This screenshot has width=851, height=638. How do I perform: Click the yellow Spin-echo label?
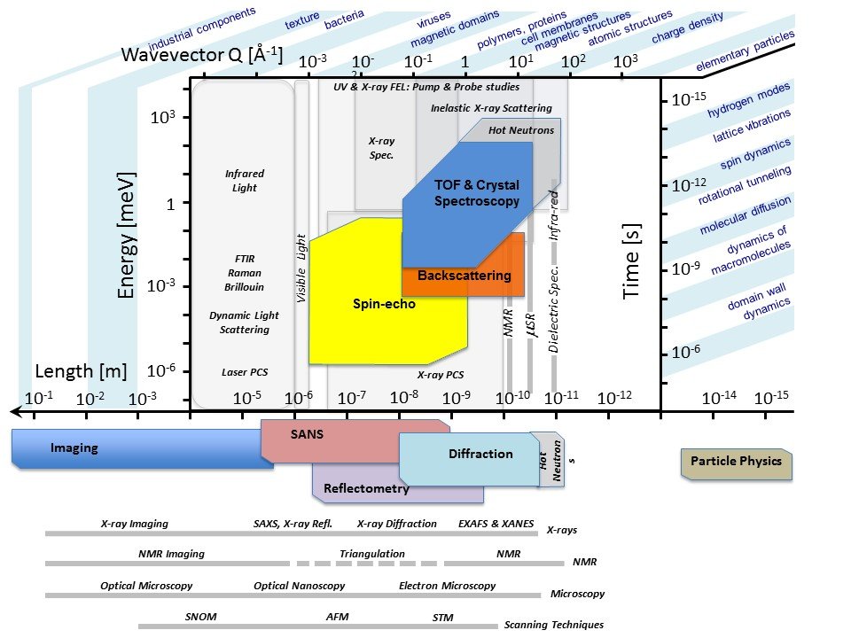pos(384,304)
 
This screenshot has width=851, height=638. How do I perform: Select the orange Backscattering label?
pos(464,276)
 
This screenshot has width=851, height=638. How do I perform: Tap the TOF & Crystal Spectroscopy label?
pos(476,193)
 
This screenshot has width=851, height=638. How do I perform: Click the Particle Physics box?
pos(737,462)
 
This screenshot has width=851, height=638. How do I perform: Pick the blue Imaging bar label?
pos(74,448)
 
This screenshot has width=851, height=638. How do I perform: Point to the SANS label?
pos(307,434)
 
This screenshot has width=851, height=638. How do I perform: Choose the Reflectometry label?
pos(366,488)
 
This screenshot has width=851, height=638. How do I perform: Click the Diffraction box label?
pos(480,454)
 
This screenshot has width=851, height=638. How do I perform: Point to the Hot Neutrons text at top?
pos(521,130)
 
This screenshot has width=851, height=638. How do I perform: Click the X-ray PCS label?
pos(441,375)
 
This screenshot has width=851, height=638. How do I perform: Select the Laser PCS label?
pos(245,372)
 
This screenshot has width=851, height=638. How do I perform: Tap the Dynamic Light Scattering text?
pos(244,323)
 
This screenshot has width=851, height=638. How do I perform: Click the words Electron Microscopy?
pos(447,586)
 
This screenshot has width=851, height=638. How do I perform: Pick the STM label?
pos(442,617)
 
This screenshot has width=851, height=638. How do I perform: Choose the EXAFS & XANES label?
pos(496,524)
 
